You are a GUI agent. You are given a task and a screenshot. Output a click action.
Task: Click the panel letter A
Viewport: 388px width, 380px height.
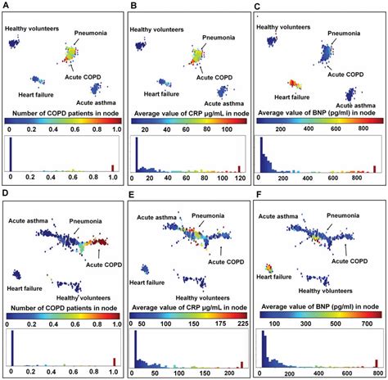7,7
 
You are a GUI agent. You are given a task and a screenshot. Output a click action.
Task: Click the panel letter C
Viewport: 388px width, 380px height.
259,7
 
